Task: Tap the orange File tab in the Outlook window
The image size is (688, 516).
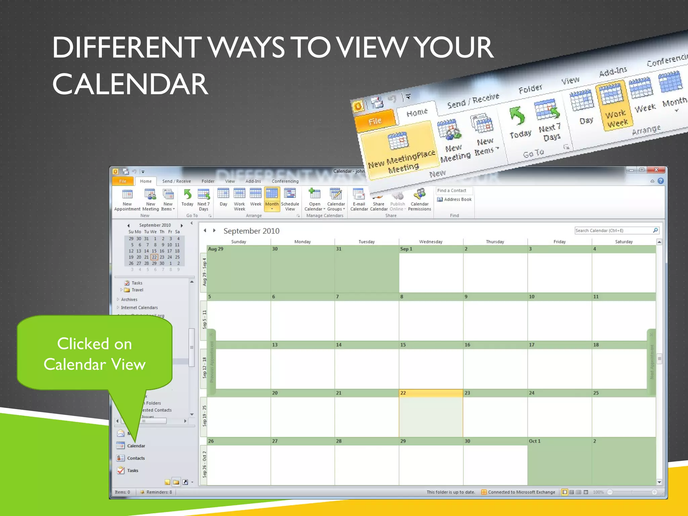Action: coord(123,181)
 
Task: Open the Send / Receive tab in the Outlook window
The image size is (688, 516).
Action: coord(176,181)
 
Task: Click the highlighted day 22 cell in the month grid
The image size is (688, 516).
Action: coord(431,413)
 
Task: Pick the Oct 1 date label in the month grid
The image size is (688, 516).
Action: coord(534,441)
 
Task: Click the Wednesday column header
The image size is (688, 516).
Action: coord(431,242)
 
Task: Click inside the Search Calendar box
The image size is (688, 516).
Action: coord(613,230)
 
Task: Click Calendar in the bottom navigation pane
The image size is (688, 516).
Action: coord(136,446)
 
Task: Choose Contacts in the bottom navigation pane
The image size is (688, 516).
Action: coord(136,458)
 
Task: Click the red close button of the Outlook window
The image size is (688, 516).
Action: coord(656,170)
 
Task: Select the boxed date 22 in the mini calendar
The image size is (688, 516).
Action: coord(154,257)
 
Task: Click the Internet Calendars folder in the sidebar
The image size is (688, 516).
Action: coord(139,308)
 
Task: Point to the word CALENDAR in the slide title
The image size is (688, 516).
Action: coord(130,84)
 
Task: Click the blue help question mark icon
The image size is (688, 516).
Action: coord(661,181)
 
